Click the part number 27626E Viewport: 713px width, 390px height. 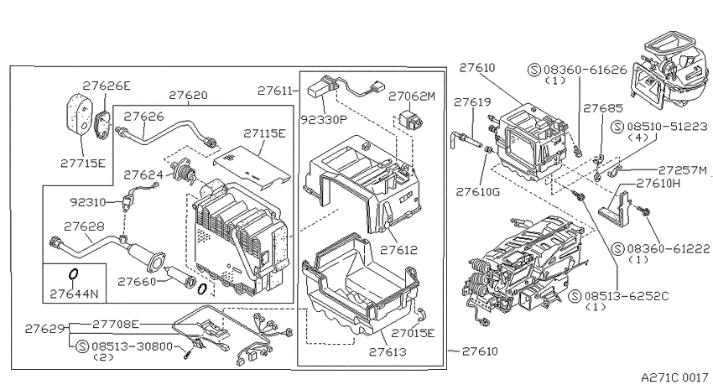pos(107,86)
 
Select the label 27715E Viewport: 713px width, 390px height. pos(83,163)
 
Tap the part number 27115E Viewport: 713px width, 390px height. pos(264,133)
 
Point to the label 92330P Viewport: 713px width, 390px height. pos(323,120)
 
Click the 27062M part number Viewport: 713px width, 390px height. pos(412,96)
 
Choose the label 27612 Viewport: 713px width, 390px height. pos(398,250)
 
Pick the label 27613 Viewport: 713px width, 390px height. pos(388,351)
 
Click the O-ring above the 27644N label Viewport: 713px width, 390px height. pos(73,274)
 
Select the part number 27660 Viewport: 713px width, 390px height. pos(137,281)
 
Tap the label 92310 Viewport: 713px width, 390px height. pos(88,202)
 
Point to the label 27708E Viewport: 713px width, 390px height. pos(116,324)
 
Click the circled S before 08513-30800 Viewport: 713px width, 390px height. pos(82,347)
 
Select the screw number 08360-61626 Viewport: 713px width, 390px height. pos(585,70)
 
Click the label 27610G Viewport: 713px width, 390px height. pos(478,192)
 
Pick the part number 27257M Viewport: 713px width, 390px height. pos(683,170)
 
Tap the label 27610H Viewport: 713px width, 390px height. pos(658,183)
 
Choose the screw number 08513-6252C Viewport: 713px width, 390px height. pos(627,296)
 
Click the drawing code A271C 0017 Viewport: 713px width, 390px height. pos(674,377)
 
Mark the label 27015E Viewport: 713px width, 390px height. pos(413,333)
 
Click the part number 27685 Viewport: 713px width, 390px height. pos(603,108)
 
